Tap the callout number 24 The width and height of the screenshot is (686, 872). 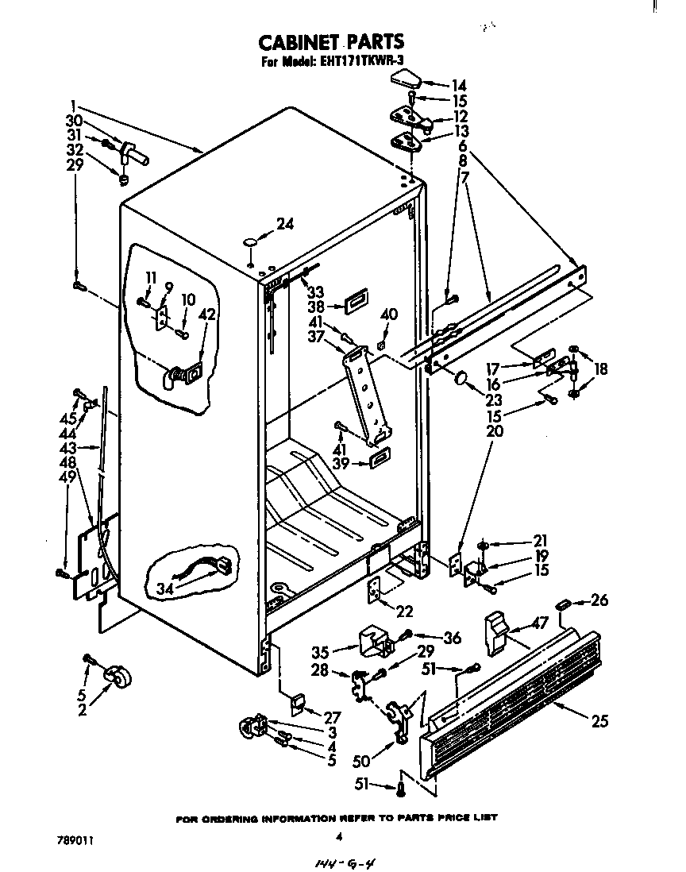pyautogui.click(x=284, y=225)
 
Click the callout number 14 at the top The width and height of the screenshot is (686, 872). pyautogui.click(x=459, y=86)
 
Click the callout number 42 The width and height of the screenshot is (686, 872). pyautogui.click(x=206, y=314)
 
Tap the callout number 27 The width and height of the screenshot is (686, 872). pyautogui.click(x=331, y=717)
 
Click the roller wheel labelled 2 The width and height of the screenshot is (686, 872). pyautogui.click(x=118, y=677)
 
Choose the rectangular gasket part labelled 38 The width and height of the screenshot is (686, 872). pyautogui.click(x=355, y=301)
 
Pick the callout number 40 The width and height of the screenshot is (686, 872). pyautogui.click(x=388, y=314)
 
